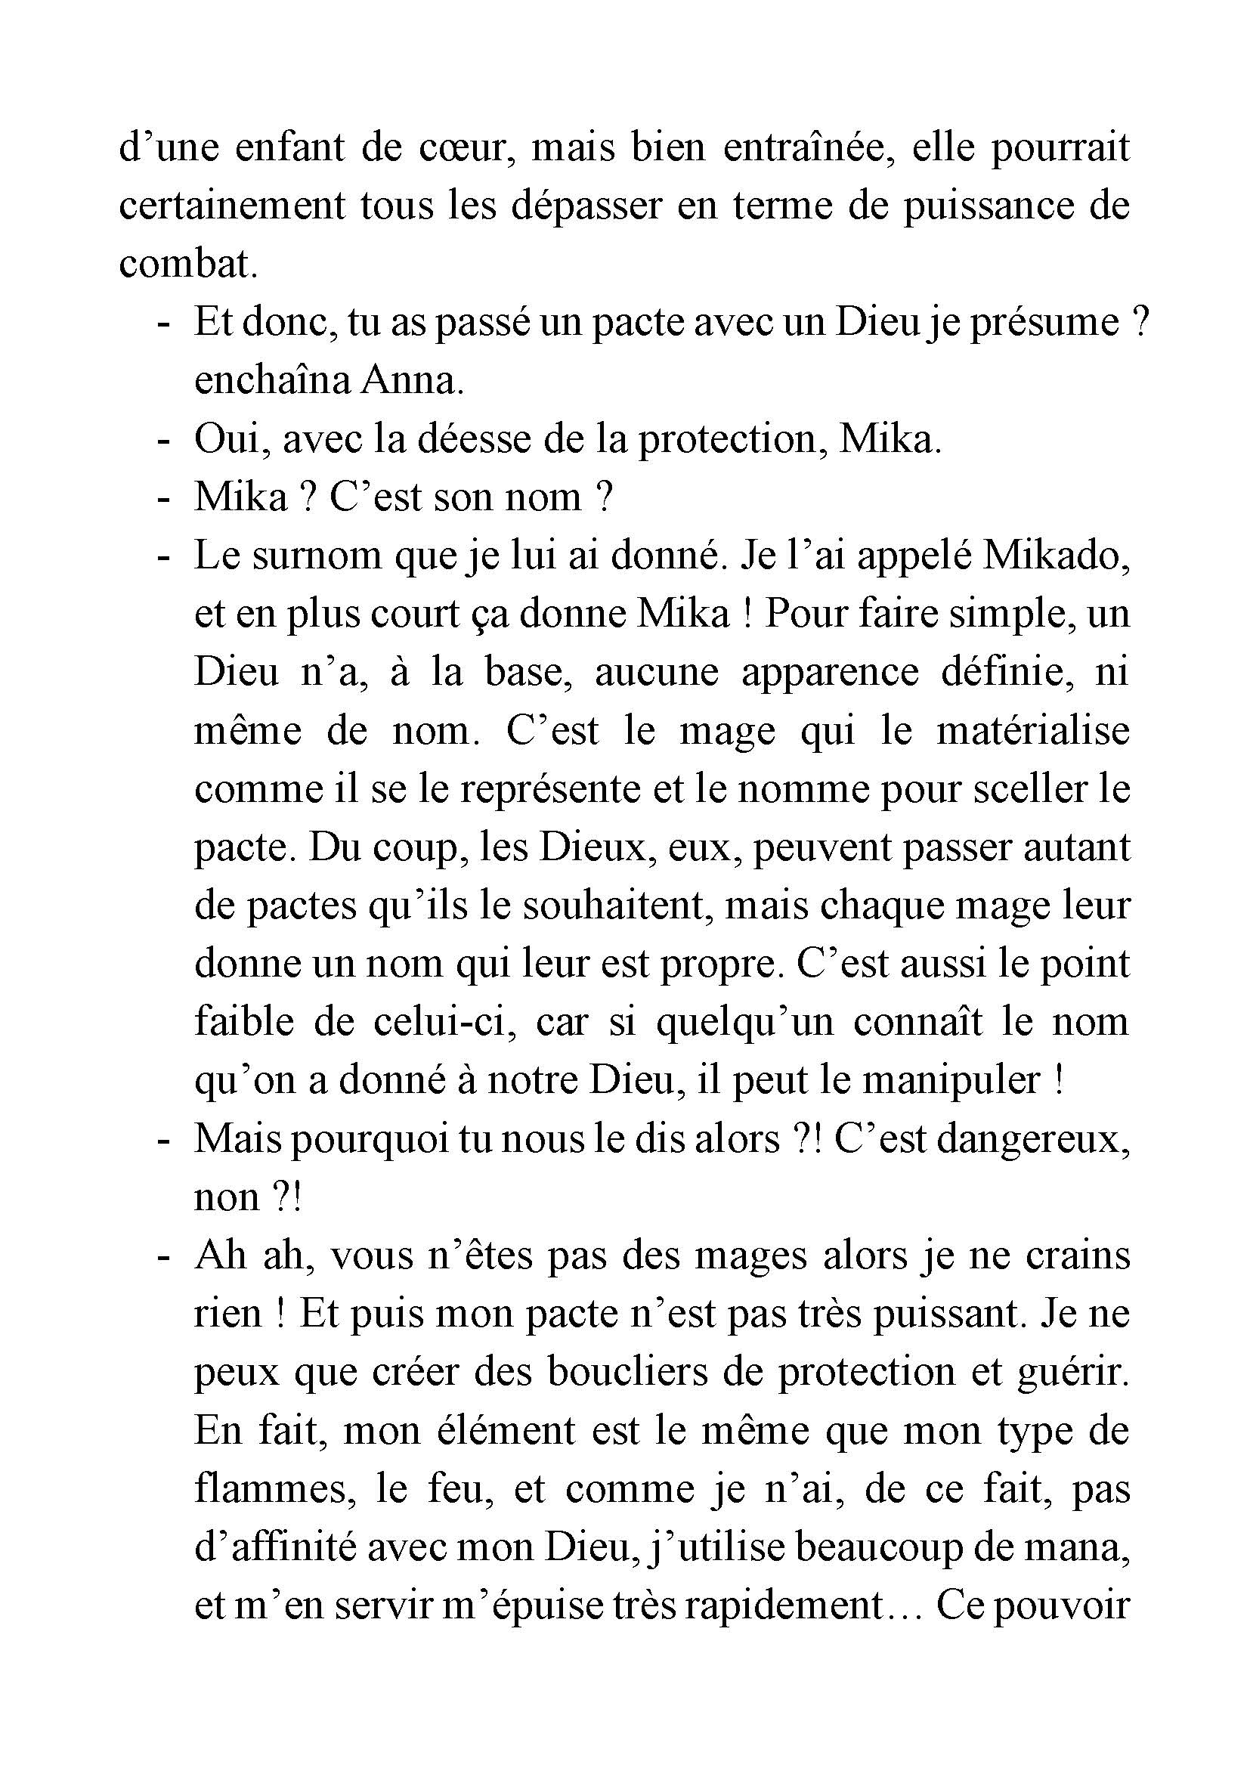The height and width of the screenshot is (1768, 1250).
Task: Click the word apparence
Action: (x=830, y=673)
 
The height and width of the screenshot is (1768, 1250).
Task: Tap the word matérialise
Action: (x=1032, y=732)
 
